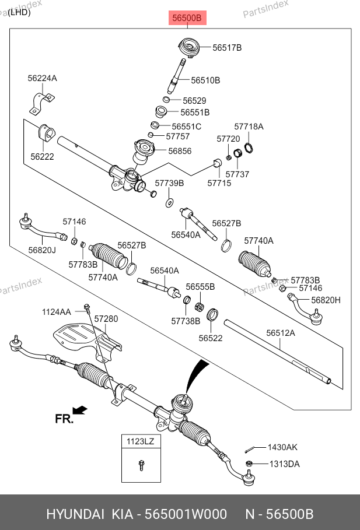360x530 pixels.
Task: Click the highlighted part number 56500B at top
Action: pos(186,19)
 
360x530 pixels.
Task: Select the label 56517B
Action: pos(227,48)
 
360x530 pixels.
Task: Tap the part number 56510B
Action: pos(205,80)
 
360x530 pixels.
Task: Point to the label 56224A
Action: pos(42,78)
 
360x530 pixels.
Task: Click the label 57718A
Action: pos(249,127)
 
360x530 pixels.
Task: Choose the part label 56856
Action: pos(180,151)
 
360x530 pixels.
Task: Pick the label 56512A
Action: pos(281,333)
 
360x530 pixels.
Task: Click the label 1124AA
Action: pos(56,312)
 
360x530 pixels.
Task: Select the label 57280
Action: pos(106,319)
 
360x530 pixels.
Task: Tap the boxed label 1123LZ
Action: pos(140,441)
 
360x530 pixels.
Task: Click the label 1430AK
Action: pos(282,448)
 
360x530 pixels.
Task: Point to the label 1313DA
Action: pos(284,464)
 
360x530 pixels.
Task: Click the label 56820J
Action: pos(42,250)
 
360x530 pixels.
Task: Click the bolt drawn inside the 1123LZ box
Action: pos(141,465)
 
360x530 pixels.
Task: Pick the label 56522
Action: pos(211,338)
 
